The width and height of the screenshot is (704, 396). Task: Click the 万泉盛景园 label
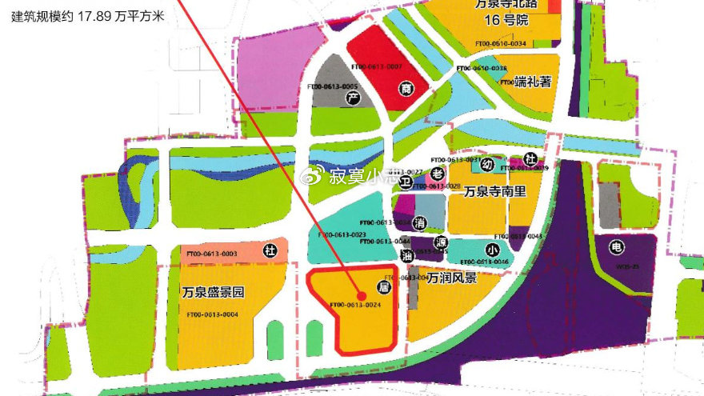[x=212, y=292]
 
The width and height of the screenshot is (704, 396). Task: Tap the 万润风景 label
[x=452, y=279]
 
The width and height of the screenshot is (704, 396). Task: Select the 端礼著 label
[x=534, y=82]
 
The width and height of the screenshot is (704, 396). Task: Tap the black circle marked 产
[x=350, y=98]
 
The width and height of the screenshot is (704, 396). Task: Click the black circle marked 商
[x=406, y=90]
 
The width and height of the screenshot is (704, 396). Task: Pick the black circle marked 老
[x=437, y=172]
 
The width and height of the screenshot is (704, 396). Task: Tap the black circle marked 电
[x=614, y=246]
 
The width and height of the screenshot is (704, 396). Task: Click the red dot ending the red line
[x=362, y=296]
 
